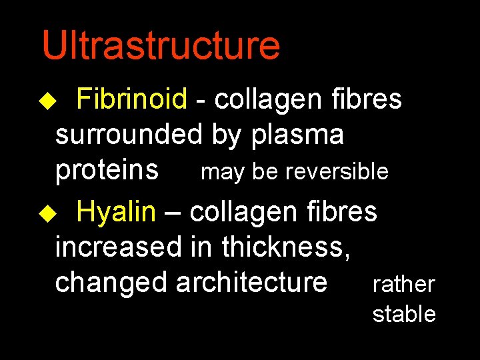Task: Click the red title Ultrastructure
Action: point(161,45)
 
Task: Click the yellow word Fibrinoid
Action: point(131,99)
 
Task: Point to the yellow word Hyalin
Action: point(116,212)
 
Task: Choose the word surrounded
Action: point(128,135)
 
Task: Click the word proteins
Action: point(107,171)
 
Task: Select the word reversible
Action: point(337,172)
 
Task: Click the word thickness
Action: point(287,247)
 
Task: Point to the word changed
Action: point(111,282)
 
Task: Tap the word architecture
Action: point(251,282)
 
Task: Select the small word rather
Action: point(403,285)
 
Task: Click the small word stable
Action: point(404,314)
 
